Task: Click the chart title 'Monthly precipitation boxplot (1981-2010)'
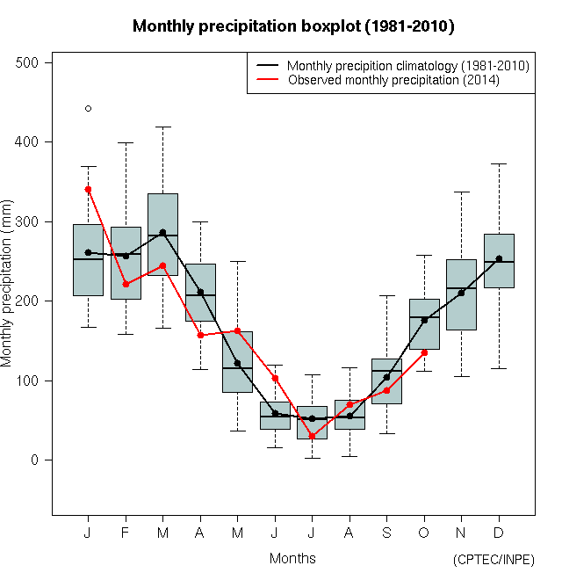pos(293,26)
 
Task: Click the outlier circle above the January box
pos(88,109)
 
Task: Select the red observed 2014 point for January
pos(88,189)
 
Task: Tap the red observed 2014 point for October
pos(425,352)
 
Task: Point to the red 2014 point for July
pos(312,436)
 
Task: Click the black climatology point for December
pos(499,258)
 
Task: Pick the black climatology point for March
pos(162,233)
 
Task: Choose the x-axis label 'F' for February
pos(126,534)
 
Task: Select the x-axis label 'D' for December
pos(499,534)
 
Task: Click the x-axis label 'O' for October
pos(424,534)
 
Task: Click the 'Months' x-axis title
pos(292,558)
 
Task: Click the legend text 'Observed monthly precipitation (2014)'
pos(393,80)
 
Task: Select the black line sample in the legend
pos(267,66)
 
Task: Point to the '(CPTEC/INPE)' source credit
pos(494,560)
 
